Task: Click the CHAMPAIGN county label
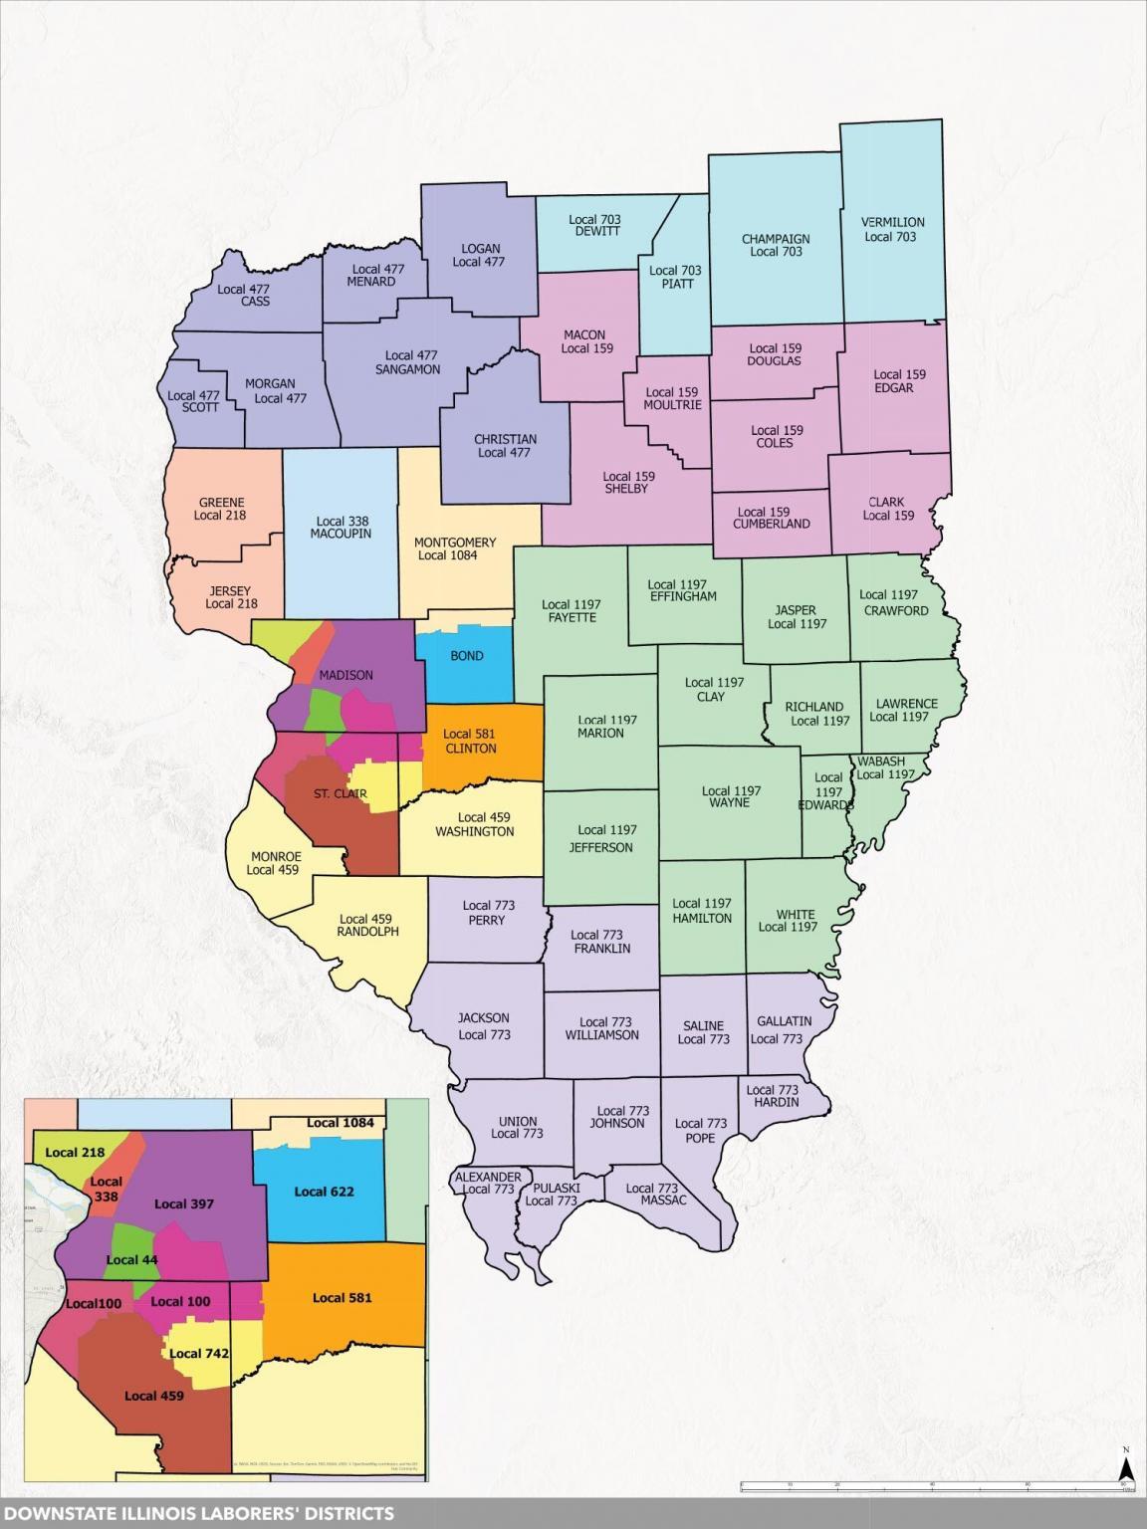pyautogui.click(x=776, y=239)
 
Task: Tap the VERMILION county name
pyautogui.click(x=892, y=222)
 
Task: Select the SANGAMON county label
pyautogui.click(x=407, y=369)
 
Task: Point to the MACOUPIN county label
pyautogui.click(x=341, y=534)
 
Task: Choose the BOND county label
pyautogui.click(x=466, y=656)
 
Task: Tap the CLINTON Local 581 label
pyautogui.click(x=470, y=742)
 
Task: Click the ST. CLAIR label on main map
pyautogui.click(x=340, y=794)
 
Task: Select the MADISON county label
pyautogui.click(x=345, y=675)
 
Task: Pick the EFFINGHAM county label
pyautogui.click(x=683, y=597)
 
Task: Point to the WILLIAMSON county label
pyautogui.click(x=601, y=1035)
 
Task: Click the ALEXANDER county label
pyautogui.click(x=488, y=1177)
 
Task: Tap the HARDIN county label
pyautogui.click(x=776, y=1102)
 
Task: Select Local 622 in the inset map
pyautogui.click(x=324, y=1192)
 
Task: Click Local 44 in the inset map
pyautogui.click(x=131, y=1259)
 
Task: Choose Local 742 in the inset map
pyautogui.click(x=199, y=1353)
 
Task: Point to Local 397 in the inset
pyautogui.click(x=184, y=1203)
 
